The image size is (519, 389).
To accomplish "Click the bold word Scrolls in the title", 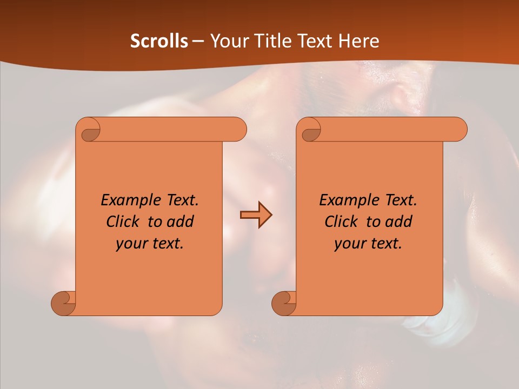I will (x=159, y=41).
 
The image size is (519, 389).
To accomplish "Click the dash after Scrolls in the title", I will (x=198, y=42).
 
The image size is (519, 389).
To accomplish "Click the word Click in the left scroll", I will (x=125, y=222).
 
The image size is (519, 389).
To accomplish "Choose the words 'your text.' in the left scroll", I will (x=150, y=244).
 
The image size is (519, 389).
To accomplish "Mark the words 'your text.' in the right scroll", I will (x=368, y=244).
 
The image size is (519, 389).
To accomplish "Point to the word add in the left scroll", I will (x=181, y=222).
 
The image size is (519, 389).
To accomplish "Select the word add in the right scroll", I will (x=399, y=222).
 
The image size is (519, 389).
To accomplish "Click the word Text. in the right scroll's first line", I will (x=400, y=200).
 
